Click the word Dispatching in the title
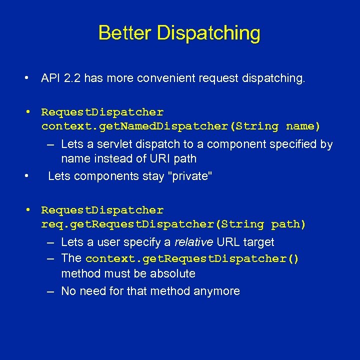pos(208,33)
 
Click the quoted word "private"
pos(191,176)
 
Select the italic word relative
pos(193,242)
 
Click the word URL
pos(228,242)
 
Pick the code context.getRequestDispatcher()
pos(192,259)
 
